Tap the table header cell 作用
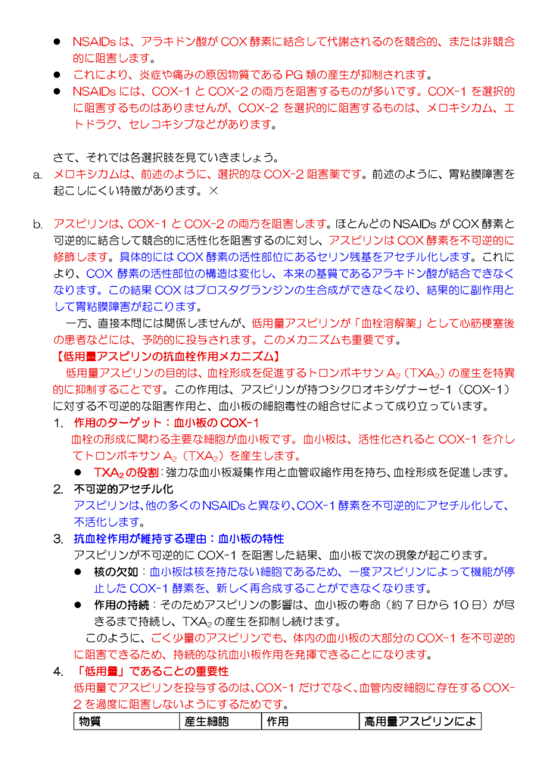click(x=278, y=721)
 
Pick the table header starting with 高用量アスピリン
click(x=419, y=721)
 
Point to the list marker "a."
click(x=37, y=175)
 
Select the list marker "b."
click(x=37, y=225)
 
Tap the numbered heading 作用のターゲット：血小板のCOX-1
click(x=166, y=422)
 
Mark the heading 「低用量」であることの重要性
click(x=151, y=671)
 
